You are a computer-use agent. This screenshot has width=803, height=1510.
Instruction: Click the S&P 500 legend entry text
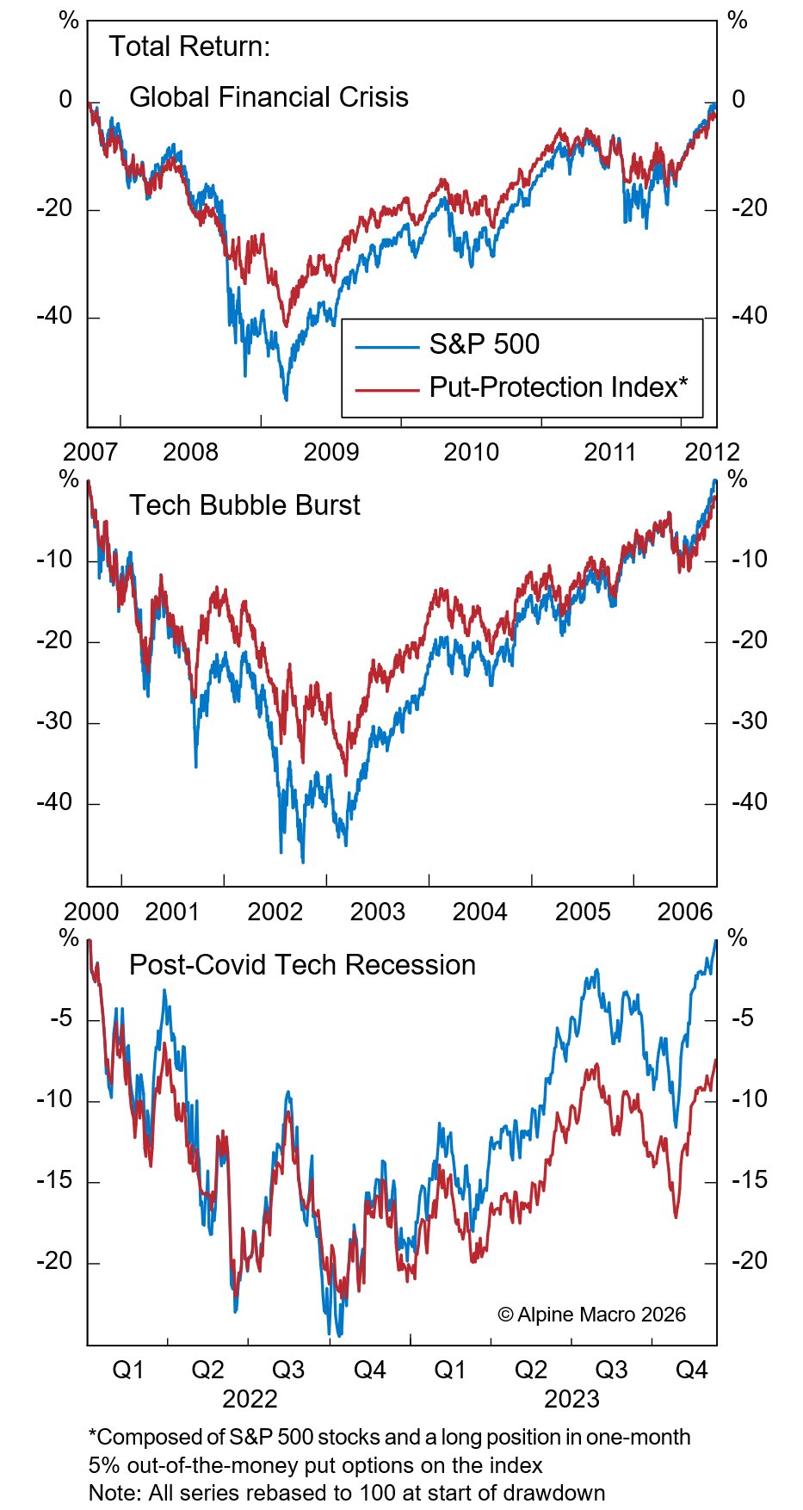(484, 344)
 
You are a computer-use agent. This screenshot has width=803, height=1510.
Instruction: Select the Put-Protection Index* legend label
(558, 387)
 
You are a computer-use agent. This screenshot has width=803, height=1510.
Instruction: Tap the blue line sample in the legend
(386, 346)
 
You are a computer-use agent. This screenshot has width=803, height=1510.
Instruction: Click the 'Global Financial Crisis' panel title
(269, 97)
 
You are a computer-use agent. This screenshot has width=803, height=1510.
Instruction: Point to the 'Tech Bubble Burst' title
(244, 505)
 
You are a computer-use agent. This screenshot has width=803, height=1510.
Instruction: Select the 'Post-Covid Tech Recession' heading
(302, 965)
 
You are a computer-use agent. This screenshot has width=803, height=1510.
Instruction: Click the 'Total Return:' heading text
(189, 46)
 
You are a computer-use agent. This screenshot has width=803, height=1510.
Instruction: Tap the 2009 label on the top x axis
(330, 452)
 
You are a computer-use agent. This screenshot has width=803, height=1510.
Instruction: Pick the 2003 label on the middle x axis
(377, 912)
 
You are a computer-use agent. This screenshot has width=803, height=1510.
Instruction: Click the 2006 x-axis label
(685, 912)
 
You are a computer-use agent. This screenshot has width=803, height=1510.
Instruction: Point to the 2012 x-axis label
(712, 452)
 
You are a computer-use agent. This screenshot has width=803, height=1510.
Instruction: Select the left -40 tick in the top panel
(54, 316)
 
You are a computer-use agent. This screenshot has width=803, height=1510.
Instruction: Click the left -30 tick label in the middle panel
(54, 721)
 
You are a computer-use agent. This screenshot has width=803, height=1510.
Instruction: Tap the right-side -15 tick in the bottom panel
(749, 1180)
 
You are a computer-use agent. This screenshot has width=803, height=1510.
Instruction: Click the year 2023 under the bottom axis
(571, 1399)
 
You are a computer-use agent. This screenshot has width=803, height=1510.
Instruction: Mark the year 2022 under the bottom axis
(250, 1399)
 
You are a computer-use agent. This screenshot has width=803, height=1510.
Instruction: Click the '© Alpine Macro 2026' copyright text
(592, 1315)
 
